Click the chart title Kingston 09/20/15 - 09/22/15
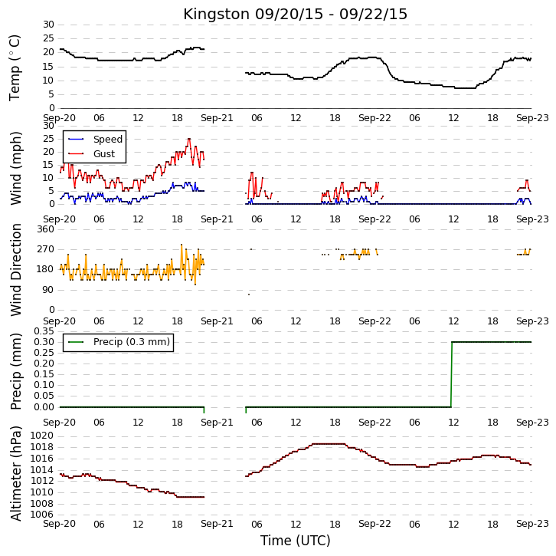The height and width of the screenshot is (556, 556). tap(295, 15)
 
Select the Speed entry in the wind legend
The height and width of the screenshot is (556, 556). tap(96, 139)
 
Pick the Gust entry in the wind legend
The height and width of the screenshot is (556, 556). tap(91, 153)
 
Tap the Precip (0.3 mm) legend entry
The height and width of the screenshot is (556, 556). tap(119, 342)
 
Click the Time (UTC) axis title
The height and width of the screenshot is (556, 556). tap(295, 541)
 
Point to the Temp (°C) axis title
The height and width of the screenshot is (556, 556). tap(15, 67)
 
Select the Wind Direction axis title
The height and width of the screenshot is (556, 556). tap(15, 270)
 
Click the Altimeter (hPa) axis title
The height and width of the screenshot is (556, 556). tap(15, 474)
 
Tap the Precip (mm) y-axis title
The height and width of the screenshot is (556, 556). tap(15, 371)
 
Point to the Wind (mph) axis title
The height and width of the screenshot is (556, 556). tap(15, 168)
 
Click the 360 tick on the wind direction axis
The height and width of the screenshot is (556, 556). tap(46, 229)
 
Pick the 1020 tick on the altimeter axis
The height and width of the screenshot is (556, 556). tap(41, 436)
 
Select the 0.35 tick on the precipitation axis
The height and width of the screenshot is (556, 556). tap(44, 331)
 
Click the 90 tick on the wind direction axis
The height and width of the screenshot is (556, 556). tap(48, 290)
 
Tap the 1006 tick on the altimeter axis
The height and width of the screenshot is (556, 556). tap(41, 515)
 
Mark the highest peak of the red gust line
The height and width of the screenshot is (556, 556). tap(188, 139)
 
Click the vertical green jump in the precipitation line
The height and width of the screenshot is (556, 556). tap(451, 374)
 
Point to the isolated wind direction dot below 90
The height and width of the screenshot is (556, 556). tap(249, 294)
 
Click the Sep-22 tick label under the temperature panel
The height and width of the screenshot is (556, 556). tap(374, 118)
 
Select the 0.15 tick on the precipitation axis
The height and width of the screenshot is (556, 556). tap(44, 374)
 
